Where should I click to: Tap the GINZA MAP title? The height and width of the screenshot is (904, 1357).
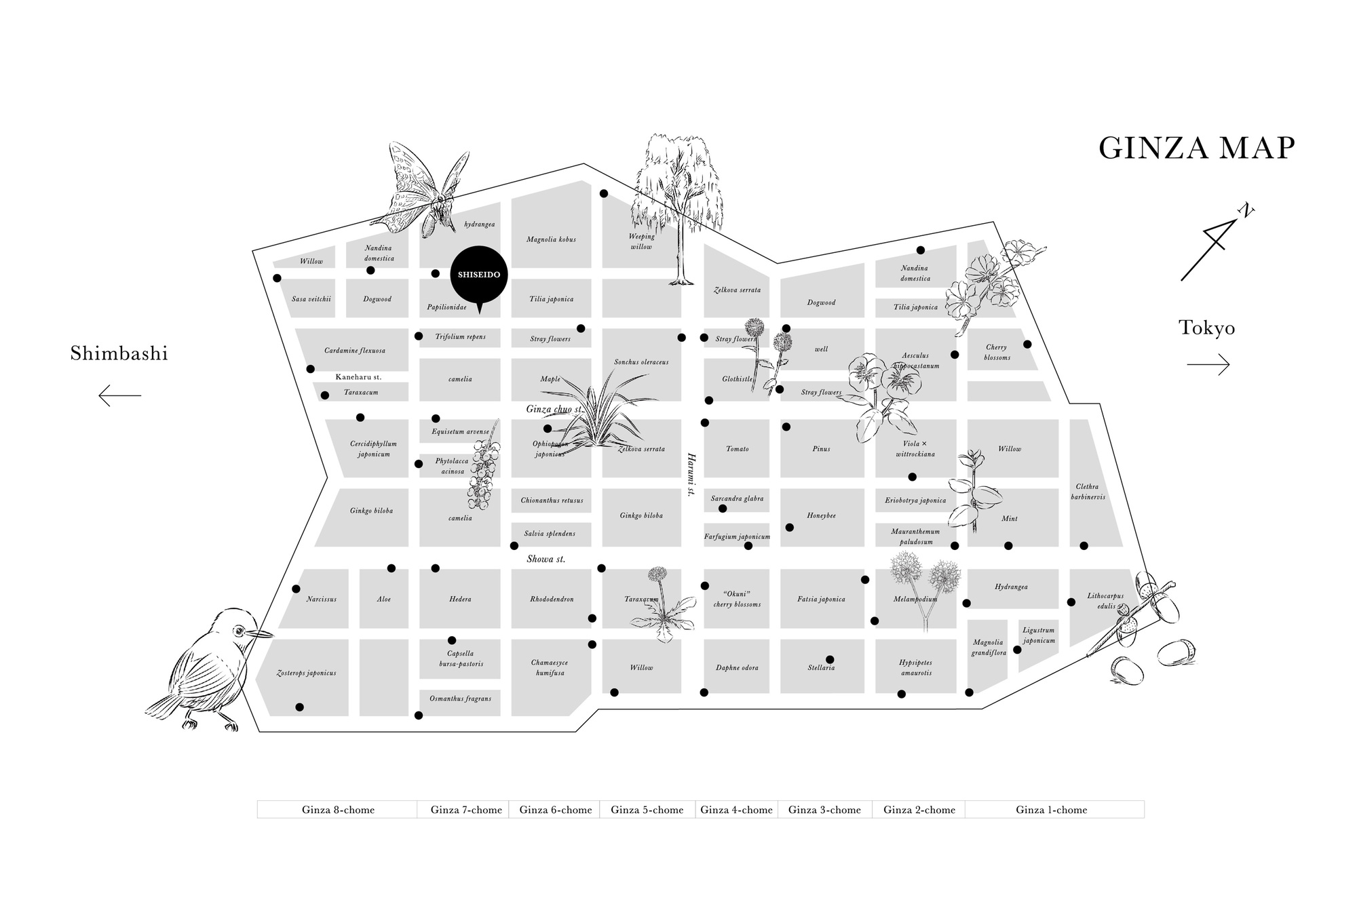1197,149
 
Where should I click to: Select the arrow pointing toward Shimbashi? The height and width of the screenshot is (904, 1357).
119,395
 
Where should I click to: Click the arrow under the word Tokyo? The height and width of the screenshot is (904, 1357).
1208,365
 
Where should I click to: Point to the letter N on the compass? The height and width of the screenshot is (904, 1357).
1246,211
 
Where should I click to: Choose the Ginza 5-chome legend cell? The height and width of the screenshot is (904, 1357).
647,810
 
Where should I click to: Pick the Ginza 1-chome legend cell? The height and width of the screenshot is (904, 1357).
1051,810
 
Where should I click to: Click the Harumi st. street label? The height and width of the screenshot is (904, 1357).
691,475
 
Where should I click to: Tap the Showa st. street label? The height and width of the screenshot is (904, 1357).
546,559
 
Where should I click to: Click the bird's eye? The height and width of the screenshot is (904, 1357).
238,632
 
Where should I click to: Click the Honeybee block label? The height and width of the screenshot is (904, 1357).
821,516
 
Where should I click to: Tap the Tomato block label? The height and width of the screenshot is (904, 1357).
737,449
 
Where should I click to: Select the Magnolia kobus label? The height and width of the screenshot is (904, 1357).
551,239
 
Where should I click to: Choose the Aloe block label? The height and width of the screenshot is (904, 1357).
384,600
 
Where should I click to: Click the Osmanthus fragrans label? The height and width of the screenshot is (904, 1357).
460,699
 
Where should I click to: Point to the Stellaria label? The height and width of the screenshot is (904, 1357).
821,668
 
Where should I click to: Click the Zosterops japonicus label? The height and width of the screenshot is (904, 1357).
306,673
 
